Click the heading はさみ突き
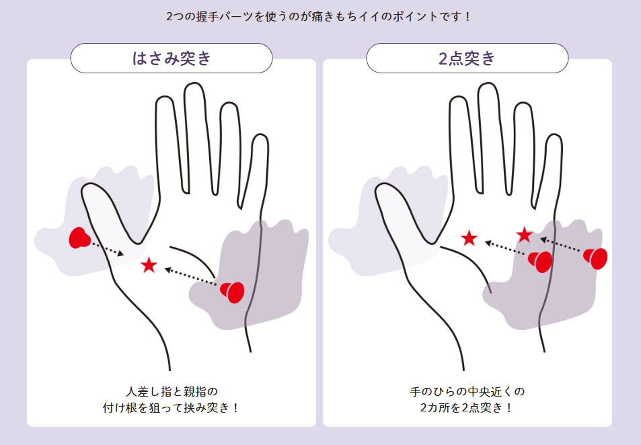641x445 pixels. [172, 58]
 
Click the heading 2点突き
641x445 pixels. [467, 58]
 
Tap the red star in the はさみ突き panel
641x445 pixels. [149, 266]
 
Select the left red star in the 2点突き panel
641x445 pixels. [469, 238]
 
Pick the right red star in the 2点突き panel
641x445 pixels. [524, 235]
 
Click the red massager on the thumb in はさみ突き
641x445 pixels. [79, 238]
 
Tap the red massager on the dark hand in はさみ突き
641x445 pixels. [232, 292]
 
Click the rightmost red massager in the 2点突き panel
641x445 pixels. [595, 258]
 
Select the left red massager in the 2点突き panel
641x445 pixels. [540, 261]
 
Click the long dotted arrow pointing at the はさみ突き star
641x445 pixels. [190, 276]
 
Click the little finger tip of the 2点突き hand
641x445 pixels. [554, 136]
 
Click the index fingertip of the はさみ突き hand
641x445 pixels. [163, 99]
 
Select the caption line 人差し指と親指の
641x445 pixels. [172, 391]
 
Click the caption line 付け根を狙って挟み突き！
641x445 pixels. [172, 408]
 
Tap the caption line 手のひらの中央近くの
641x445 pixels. [467, 391]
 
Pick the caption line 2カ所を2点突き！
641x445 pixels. [466, 408]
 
